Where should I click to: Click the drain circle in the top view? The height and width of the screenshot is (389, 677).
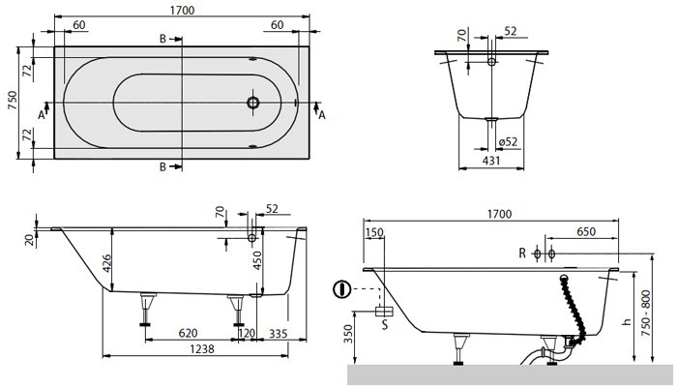point(253,103)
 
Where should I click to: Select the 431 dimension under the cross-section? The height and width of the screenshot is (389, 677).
point(491,161)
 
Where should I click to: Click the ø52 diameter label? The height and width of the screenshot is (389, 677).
point(508,141)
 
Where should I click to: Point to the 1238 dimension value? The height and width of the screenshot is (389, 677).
point(202,348)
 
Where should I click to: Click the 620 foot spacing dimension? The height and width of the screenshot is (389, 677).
point(189,333)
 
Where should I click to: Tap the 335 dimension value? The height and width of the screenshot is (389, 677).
point(279,333)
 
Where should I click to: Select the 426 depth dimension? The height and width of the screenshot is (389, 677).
point(106,263)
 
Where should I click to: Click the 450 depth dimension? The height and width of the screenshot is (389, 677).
point(257,260)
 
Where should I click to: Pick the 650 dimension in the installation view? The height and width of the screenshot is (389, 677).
point(586,231)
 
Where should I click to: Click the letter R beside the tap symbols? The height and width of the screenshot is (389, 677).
point(522,254)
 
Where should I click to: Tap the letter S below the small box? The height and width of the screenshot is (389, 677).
point(385,324)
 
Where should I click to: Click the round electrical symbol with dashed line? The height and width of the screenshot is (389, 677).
point(342,288)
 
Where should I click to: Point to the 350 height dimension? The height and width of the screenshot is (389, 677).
point(348,334)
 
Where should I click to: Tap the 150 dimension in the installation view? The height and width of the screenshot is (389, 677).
point(374,232)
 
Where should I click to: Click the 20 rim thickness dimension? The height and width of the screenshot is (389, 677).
point(30,240)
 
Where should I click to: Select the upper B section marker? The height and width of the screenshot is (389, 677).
point(162,39)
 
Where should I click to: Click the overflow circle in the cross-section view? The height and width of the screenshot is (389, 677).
point(491,62)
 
